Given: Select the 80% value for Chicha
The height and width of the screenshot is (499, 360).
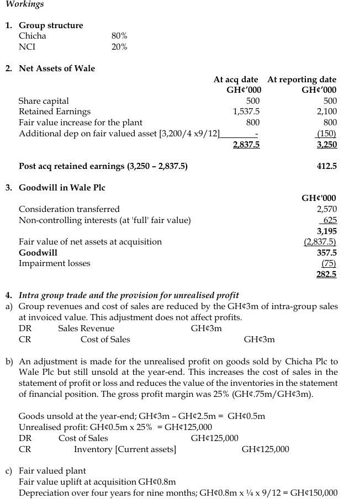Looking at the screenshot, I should point(119,36).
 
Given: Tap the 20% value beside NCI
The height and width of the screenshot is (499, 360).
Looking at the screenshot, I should point(119,47).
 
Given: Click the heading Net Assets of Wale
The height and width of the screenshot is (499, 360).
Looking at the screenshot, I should point(57,68).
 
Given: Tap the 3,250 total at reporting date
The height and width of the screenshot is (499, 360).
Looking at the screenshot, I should point(326,145).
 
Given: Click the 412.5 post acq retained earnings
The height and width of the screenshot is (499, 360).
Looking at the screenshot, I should point(327,166).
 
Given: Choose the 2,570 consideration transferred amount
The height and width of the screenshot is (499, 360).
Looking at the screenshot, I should point(326,209).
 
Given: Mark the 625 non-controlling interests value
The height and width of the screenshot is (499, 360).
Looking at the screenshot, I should point(330,220).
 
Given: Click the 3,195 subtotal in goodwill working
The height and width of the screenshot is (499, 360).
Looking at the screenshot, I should point(326,231).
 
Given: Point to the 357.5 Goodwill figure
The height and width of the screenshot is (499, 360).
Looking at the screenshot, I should point(327,252).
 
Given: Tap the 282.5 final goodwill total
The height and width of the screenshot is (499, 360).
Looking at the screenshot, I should point(326,274).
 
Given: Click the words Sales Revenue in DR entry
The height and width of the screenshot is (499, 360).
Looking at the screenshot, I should point(86,328).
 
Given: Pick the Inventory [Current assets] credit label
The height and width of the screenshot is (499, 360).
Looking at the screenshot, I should point(125,449).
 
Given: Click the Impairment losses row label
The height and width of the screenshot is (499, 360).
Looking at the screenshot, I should point(54,263).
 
